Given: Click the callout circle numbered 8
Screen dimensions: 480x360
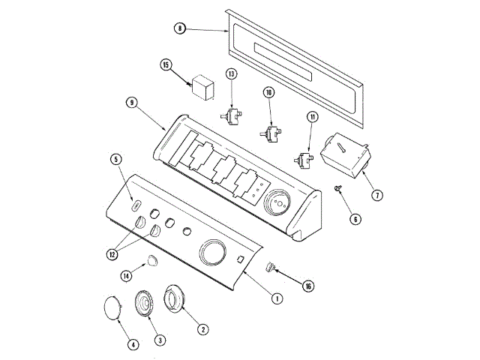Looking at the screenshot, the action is tap(180, 28).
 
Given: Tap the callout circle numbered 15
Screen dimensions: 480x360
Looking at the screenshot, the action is tap(166, 65).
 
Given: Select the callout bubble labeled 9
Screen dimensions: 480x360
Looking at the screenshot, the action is tap(132, 102).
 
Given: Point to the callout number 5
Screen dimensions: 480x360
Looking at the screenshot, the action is tap(116, 159).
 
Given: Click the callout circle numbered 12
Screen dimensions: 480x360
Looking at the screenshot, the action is tap(112, 254).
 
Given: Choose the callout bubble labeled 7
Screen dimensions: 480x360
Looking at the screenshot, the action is tap(377, 195).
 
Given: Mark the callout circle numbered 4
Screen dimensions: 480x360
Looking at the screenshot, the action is tap(133, 345).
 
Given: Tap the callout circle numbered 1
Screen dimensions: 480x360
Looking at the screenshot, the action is tap(277, 298).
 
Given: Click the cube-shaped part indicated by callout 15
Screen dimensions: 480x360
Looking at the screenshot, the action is tap(202, 87).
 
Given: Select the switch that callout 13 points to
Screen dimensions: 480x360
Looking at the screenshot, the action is tap(231, 116).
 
